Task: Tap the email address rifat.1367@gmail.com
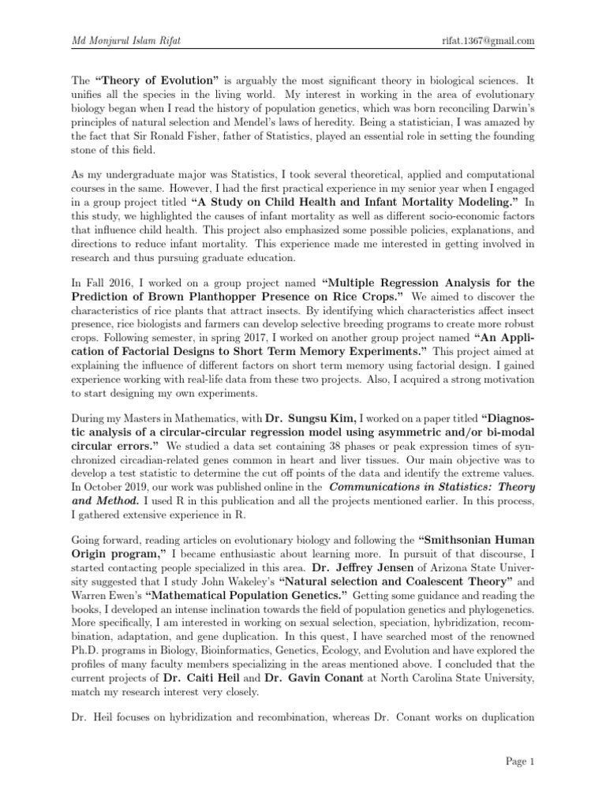pos(489,41)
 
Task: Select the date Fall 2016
pos(99,282)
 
